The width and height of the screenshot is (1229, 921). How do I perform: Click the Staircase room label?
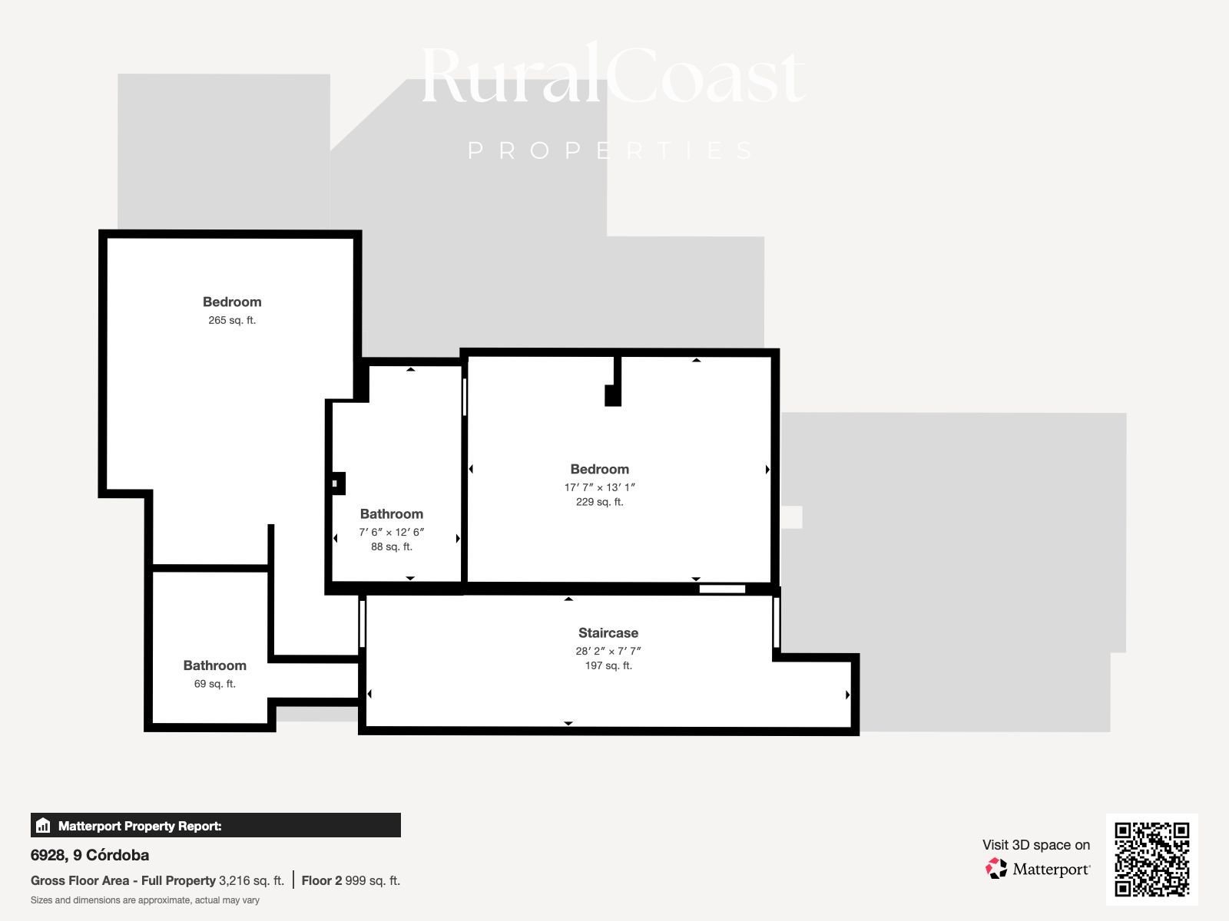(x=608, y=632)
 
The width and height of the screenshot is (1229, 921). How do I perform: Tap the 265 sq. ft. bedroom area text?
(x=232, y=320)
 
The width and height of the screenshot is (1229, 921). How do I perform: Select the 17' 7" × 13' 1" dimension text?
(x=600, y=487)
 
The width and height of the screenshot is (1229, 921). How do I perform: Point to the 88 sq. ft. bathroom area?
(x=392, y=546)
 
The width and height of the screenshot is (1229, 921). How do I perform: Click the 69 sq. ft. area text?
(x=214, y=683)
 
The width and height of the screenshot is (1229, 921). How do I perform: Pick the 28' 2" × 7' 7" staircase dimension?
(x=608, y=651)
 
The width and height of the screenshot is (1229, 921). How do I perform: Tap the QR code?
(x=1151, y=860)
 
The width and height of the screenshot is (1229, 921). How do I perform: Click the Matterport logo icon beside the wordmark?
(x=996, y=869)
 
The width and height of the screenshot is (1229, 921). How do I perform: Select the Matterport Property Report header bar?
(x=216, y=825)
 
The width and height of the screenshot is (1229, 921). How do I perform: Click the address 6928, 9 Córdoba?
(x=90, y=855)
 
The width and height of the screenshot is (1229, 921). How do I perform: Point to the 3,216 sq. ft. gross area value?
(x=251, y=881)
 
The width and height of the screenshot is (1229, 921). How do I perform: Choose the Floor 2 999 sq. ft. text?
(x=350, y=881)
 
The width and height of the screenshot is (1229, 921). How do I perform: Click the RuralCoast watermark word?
(x=613, y=75)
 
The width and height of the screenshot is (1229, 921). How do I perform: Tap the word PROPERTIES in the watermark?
(x=611, y=150)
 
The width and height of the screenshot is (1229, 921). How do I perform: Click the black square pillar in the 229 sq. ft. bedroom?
(x=612, y=395)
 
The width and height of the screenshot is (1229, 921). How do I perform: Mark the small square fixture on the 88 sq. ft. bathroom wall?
(x=337, y=484)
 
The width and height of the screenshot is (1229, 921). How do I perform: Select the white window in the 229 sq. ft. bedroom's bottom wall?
(x=722, y=589)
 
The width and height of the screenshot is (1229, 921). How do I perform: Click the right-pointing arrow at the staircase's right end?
(x=847, y=695)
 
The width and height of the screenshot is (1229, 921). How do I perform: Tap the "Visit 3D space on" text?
(x=1036, y=845)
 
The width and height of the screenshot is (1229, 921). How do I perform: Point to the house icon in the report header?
(x=43, y=825)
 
